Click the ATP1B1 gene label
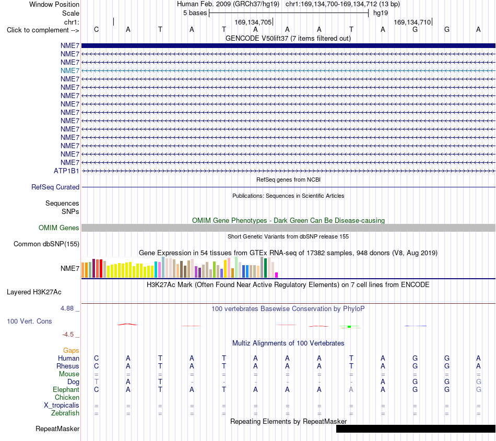66,171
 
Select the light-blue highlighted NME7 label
70,71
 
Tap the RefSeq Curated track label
55,187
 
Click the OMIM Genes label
59,228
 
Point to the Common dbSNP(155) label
46,244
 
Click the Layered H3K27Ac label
34,292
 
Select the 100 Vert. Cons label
29,321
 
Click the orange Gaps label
71,350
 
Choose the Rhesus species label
68,366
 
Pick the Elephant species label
66,389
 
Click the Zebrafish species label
65,413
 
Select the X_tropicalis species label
62,406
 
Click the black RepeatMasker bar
416,428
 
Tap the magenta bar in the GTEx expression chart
277,275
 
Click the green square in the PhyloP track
349,327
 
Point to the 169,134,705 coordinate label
253,22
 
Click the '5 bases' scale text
195,13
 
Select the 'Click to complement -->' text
43,30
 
